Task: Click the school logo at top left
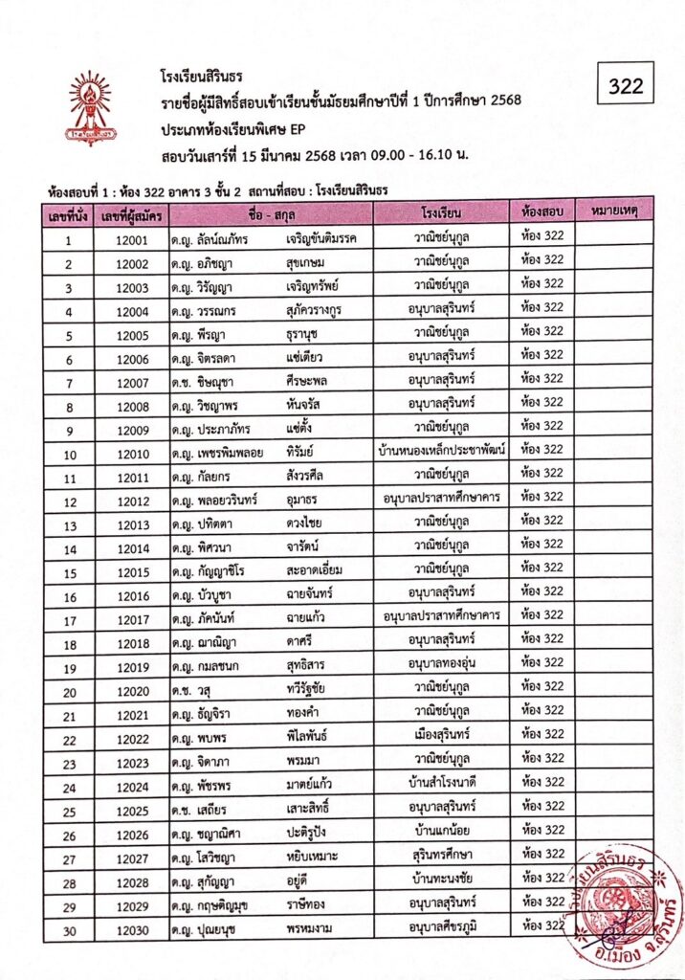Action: coord(88,107)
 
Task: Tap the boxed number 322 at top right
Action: coord(626,86)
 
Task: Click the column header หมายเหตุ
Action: coord(615,208)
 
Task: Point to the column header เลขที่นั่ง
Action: coord(69,210)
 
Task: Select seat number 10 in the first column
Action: coord(69,454)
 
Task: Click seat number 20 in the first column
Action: coord(69,691)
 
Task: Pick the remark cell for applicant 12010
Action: coord(615,450)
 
